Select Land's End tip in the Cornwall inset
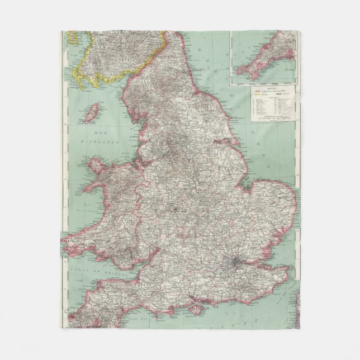pyautogui.click(x=239, y=73)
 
